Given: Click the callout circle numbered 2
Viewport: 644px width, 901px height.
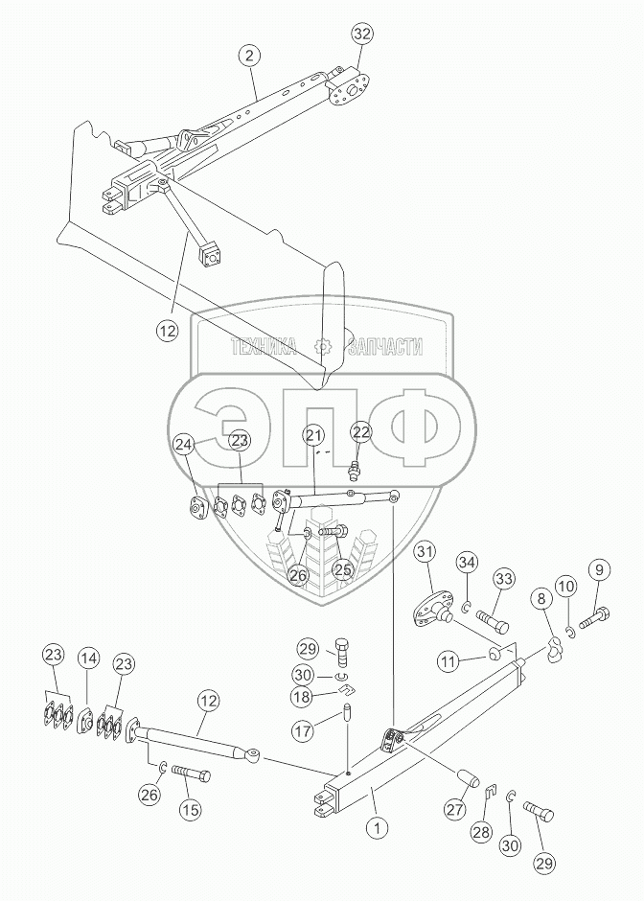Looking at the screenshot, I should point(250,56).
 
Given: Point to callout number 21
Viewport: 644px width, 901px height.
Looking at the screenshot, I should point(314,435).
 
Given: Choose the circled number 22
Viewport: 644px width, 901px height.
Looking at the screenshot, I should point(359,434).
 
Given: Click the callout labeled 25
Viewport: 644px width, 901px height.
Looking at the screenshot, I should point(342,569).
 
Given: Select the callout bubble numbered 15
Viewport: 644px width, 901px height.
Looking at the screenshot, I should point(192,810).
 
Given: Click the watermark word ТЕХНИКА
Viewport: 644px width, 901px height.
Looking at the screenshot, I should point(262,348).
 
